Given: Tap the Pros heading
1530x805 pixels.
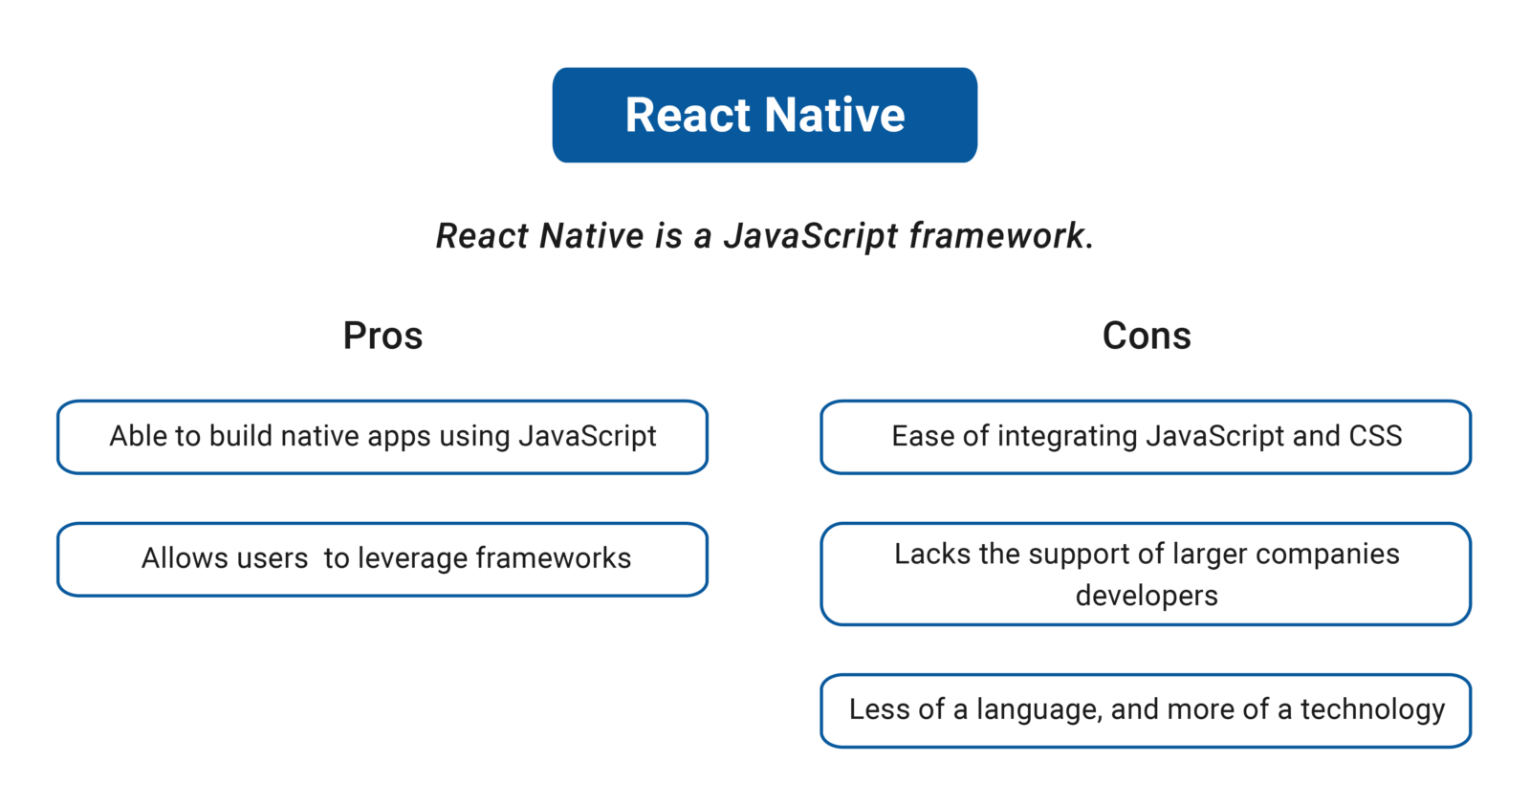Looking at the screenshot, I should pos(382,336).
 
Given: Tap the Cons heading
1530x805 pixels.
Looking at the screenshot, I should pos(1147,336).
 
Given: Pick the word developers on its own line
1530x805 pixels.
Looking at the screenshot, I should pos(1147,596).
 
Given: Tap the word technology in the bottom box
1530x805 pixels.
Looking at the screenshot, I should pos(1372,709).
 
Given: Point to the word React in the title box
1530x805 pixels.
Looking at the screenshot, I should pos(688,115).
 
